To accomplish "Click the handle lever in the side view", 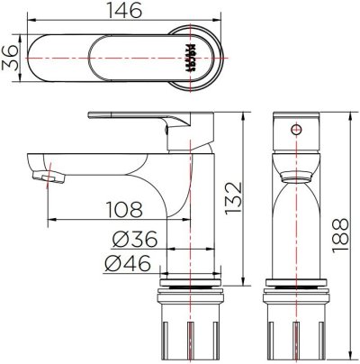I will [x=135, y=117].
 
